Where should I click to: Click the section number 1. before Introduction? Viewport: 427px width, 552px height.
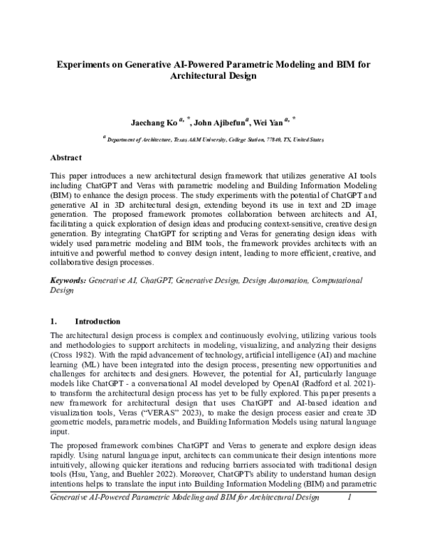pos(54,321)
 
